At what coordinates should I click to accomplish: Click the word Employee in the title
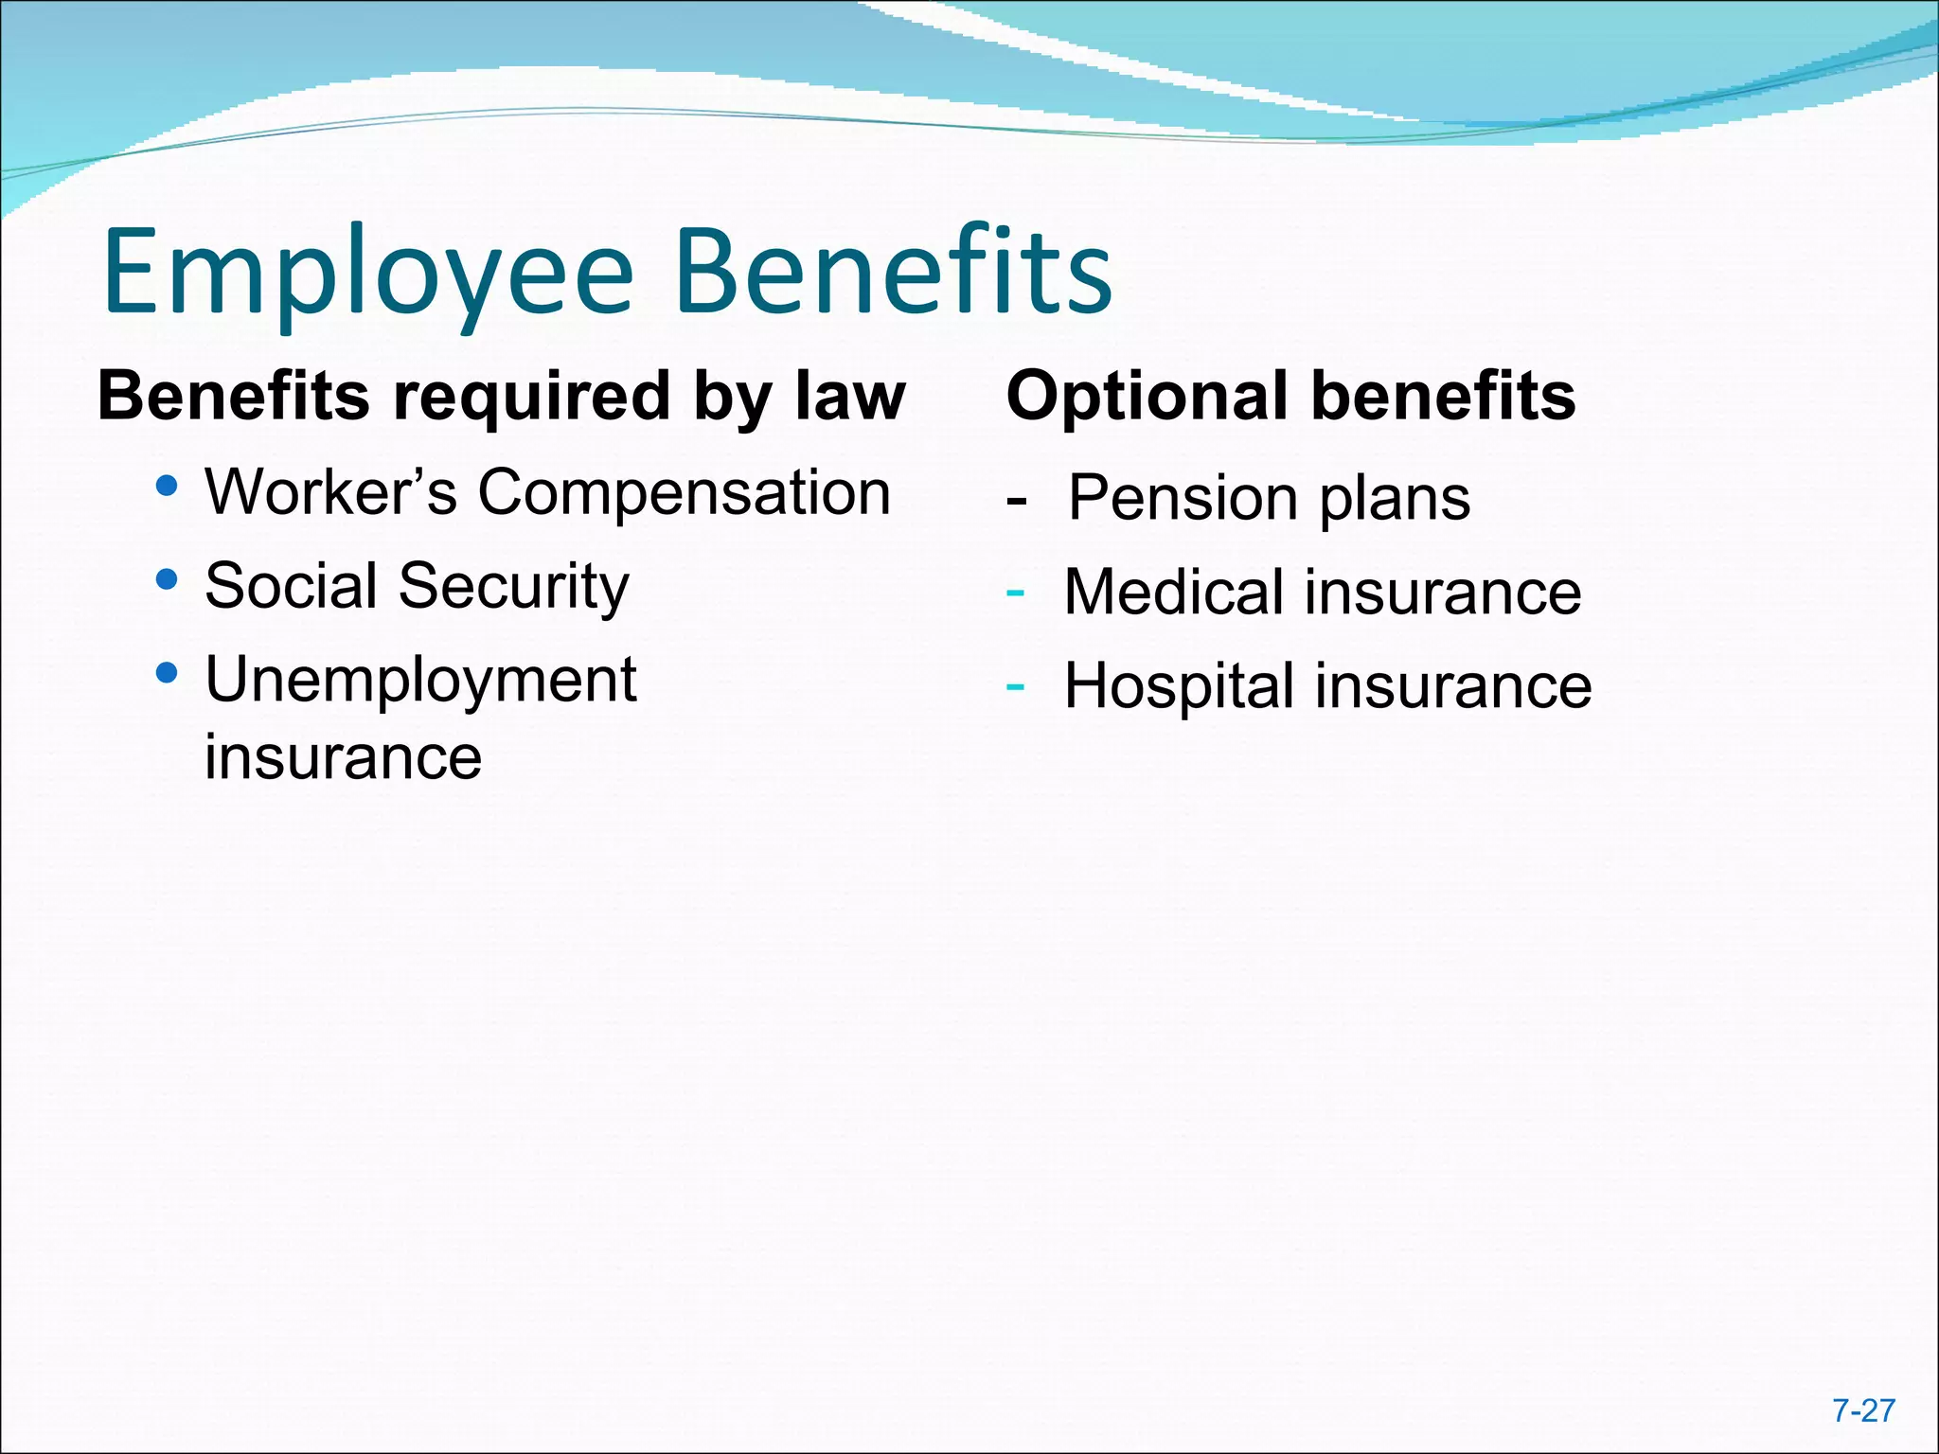367,275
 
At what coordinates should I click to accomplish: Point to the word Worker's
331,492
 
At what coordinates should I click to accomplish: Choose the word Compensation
684,494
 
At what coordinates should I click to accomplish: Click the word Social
292,585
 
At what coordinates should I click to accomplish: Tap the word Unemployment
420,680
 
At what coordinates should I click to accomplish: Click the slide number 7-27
1863,1410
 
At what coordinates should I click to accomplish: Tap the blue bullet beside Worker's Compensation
167,487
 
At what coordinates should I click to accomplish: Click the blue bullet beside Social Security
167,579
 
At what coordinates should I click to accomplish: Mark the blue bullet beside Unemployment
167,673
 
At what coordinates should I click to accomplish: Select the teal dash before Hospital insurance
1015,685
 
